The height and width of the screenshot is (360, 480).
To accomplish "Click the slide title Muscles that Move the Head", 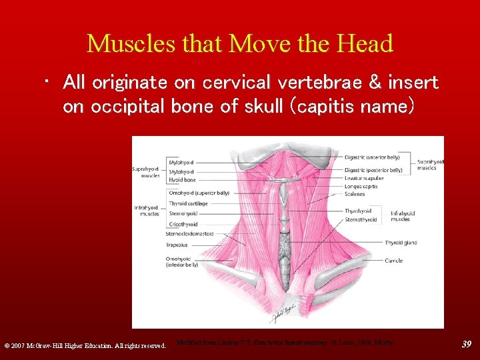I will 240,44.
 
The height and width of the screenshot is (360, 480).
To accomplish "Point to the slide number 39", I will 467,344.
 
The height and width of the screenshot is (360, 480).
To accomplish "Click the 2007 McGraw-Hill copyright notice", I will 85,345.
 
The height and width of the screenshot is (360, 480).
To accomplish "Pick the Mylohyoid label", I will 181,162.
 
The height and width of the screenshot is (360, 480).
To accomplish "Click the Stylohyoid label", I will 181,171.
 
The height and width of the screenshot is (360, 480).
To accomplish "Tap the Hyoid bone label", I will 182,180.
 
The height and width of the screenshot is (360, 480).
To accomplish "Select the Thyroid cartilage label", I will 189,203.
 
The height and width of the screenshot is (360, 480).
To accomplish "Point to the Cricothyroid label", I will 183,225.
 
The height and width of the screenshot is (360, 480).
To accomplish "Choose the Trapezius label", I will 178,245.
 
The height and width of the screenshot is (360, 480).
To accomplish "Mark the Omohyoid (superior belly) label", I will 199,193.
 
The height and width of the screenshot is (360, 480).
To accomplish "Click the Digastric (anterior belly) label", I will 372,157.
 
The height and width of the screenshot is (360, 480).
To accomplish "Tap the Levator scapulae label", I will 364,179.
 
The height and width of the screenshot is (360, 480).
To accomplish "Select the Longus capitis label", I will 361,187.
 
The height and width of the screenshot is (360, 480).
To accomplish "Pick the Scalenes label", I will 355,195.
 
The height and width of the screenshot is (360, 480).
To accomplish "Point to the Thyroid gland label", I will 401,243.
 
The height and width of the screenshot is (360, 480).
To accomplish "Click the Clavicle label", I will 393,261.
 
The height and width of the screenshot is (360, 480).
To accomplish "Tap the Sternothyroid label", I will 361,219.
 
